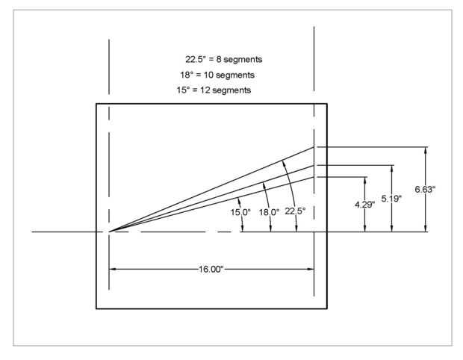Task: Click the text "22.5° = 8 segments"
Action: (x=222, y=59)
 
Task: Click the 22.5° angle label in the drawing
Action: (x=296, y=211)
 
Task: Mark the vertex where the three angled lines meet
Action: (x=110, y=232)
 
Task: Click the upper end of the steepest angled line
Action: (x=314, y=147)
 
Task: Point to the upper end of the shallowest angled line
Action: (x=314, y=177)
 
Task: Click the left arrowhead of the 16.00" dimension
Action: (x=114, y=268)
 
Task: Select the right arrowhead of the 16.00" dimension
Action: (x=311, y=268)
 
